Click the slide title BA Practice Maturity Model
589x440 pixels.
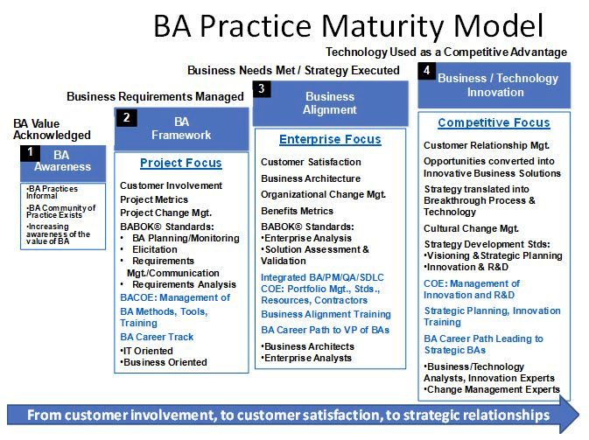pos(348,25)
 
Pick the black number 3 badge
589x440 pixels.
pos(262,88)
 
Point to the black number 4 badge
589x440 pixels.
pos(426,70)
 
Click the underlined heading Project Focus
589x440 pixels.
pos(181,163)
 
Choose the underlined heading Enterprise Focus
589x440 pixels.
pos(330,139)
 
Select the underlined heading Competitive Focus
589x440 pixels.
pos(494,122)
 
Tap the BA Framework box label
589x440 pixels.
pos(182,129)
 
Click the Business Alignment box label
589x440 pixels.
pos(330,103)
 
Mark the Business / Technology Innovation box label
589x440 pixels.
pos(497,85)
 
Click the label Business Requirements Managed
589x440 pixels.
pos(155,96)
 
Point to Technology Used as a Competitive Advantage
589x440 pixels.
pos(446,52)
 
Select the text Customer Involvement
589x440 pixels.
pos(171,185)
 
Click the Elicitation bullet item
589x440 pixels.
pos(157,248)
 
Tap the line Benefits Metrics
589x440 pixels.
pos(297,211)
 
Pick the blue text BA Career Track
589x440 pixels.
pos(157,337)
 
